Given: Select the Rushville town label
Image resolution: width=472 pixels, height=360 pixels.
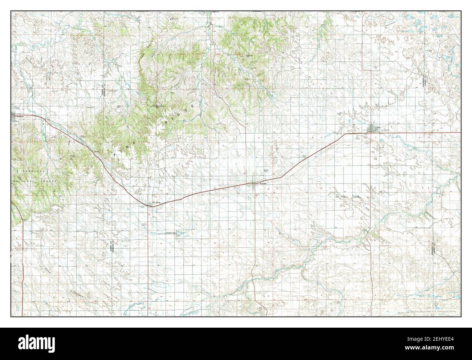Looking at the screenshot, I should point(263,184).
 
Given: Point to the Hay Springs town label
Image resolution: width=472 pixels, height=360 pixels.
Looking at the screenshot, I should point(156,202).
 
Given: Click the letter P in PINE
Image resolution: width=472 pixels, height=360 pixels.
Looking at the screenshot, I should point(115,155).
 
